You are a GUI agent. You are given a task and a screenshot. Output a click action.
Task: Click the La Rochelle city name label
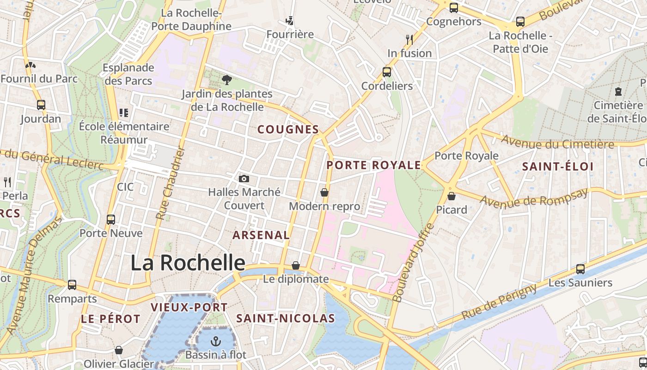[x=188, y=263]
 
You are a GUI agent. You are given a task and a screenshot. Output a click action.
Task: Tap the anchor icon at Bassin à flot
[x=215, y=342]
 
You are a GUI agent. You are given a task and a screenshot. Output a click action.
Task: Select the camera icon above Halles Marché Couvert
[x=244, y=179]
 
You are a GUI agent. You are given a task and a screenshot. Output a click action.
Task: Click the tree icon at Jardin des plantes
[x=226, y=80]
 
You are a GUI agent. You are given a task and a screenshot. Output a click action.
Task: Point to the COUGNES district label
[x=288, y=129]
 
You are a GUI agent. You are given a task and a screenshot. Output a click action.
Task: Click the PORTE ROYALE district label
[x=374, y=165]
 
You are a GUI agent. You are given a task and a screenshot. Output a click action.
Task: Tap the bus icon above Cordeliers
[x=387, y=72]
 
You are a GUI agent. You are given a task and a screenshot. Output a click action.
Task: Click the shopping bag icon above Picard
[x=452, y=196]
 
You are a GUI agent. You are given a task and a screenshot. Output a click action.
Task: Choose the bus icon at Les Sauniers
[x=580, y=269]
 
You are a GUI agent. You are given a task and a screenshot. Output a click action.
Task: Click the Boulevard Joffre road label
[x=413, y=263]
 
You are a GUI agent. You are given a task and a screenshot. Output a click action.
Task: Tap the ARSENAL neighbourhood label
[x=261, y=235]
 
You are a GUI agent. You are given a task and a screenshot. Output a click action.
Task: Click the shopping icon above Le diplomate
[x=296, y=265]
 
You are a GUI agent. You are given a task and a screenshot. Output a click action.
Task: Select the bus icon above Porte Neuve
[x=111, y=219]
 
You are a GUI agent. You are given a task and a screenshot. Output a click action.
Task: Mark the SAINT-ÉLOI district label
[x=557, y=166]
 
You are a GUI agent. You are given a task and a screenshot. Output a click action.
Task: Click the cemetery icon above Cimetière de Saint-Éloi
[x=618, y=92]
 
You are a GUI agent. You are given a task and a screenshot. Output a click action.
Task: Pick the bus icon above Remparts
[x=72, y=285]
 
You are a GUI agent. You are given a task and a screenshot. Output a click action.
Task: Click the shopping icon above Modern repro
[x=324, y=192]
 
